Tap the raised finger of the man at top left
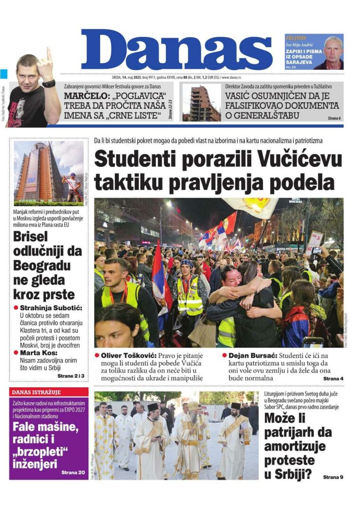tap(48, 55)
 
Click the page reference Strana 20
tap(73, 472)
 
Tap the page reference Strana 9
tap(333, 477)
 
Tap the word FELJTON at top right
tap(296, 38)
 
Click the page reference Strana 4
tap(333, 379)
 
